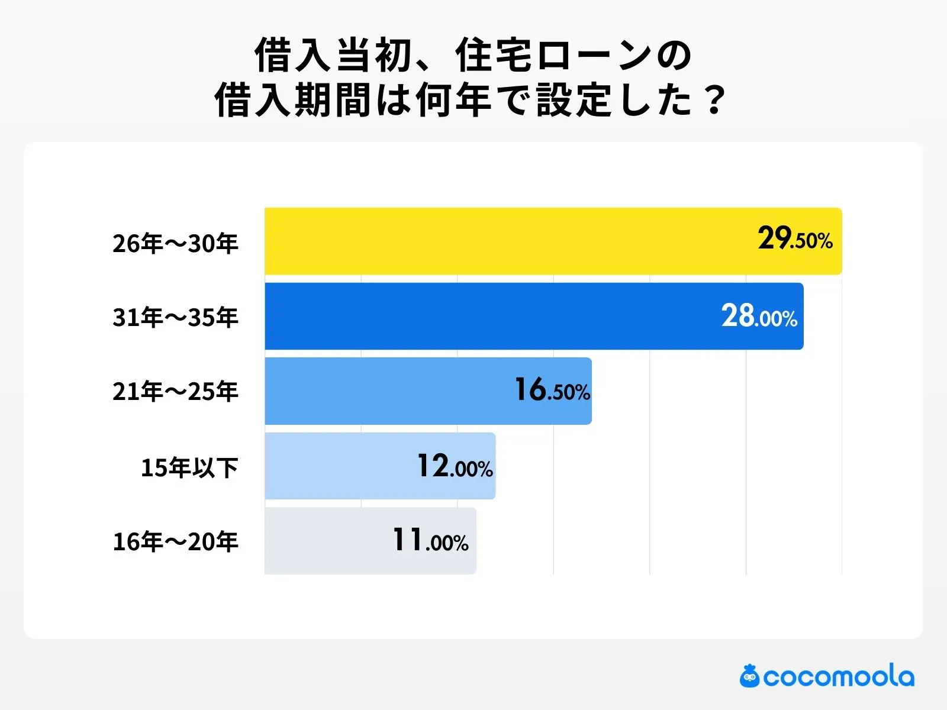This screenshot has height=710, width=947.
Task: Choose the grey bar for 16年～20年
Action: pos(326,541)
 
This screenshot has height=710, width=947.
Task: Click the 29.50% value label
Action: pos(795,239)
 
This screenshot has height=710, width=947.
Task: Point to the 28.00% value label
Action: pos(759,317)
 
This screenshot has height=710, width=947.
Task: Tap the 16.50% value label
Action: pos(552,390)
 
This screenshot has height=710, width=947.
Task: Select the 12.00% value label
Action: pos(455,467)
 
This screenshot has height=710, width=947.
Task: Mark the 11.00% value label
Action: pos(430,541)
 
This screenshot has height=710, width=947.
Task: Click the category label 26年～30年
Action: pos(175,243)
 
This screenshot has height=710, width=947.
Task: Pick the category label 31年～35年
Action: pos(175,318)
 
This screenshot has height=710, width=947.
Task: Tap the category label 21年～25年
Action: pos(175,392)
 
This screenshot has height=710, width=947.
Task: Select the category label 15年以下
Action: pos(189,467)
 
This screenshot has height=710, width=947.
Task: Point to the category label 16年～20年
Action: pos(175,541)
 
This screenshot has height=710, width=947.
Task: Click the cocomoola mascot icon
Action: pos(749,676)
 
